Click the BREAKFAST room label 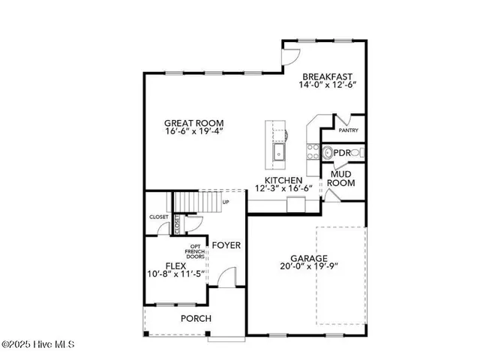tap(327, 76)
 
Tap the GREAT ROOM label tap(194, 122)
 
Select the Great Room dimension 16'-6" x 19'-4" tap(194, 132)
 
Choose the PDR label tap(343, 152)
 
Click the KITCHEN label tap(283, 181)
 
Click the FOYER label tap(226, 245)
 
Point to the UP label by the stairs tap(226, 202)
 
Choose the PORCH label tap(196, 319)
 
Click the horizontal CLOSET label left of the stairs tap(158, 217)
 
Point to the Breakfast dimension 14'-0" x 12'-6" tap(327, 86)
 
